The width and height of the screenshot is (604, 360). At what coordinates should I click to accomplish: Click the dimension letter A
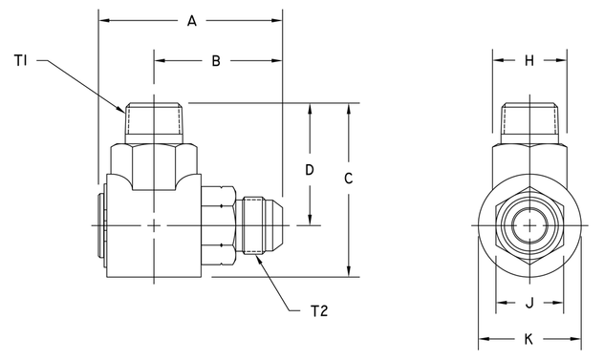[191, 20]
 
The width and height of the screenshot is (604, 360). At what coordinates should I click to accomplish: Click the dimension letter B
[216, 61]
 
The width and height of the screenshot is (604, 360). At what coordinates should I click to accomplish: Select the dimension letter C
[349, 179]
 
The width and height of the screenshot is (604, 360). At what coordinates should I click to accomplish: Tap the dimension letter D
[309, 170]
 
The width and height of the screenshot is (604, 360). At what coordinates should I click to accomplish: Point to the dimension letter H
[528, 60]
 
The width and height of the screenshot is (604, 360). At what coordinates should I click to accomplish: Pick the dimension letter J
[528, 306]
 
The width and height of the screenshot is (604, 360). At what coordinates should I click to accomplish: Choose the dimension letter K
[528, 339]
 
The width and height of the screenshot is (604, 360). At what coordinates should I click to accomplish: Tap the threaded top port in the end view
[528, 121]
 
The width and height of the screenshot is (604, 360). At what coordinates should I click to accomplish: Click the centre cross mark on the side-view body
[155, 225]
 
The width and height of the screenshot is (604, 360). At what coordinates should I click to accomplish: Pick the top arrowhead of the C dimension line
[349, 106]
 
